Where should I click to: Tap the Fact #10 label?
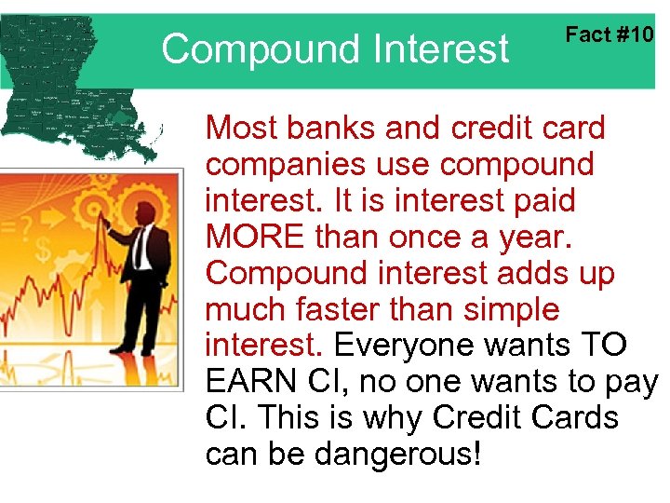pos(610,35)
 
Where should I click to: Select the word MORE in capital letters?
pos(254,237)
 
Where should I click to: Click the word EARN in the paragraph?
pos(250,382)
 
